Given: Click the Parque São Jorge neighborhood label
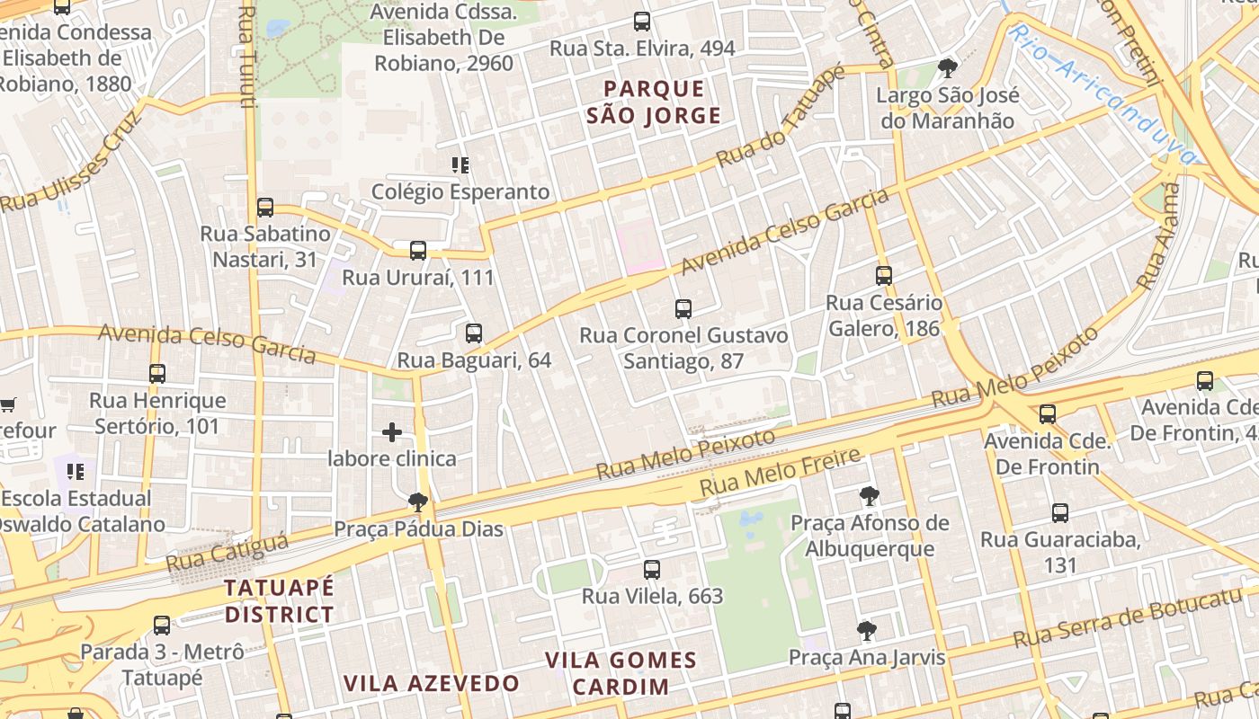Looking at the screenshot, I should point(654,102).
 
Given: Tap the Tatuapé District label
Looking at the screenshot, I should point(279,601).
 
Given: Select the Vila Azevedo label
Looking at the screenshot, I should point(432,683).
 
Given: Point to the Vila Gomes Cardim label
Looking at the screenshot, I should point(621,673).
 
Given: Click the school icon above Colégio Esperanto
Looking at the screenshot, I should point(460,165).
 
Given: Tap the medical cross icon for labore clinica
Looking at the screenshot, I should point(392,432).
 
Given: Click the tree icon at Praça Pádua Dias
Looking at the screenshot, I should point(417,502).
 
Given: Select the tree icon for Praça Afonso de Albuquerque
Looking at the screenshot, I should point(869,495).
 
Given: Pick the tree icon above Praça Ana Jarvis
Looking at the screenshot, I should point(867,631).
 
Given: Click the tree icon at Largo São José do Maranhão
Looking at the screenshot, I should point(947,67).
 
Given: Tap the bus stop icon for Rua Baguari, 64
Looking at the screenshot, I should point(474,333).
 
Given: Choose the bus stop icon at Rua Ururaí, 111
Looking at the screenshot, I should point(418,251).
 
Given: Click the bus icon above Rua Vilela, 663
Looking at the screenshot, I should point(652,569).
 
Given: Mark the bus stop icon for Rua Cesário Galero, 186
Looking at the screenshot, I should point(884,276).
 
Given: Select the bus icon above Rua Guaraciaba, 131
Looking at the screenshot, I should point(1060,513).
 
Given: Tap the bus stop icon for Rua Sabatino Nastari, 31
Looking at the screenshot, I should point(265,208).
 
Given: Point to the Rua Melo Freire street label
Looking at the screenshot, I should point(781,473).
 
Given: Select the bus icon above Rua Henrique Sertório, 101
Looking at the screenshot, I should point(157,373).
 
